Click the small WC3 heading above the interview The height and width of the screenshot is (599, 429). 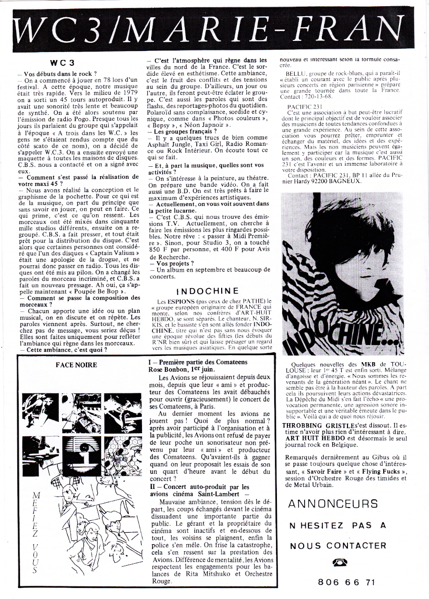tap(62, 62)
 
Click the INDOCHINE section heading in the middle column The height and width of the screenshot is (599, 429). tap(207, 291)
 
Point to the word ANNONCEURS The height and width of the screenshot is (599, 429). tap(334, 503)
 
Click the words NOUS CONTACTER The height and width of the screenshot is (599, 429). tap(338, 546)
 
